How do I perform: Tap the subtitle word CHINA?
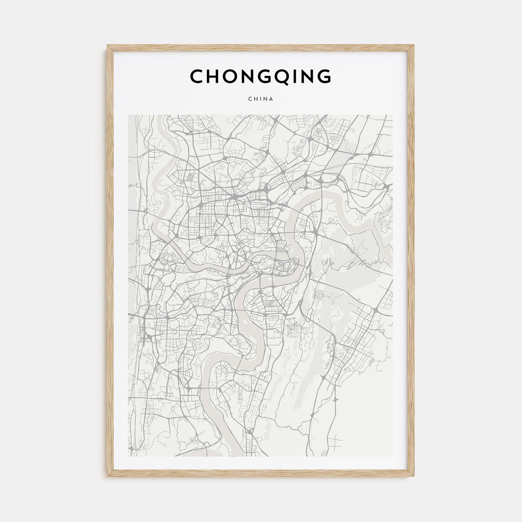(x=261, y=99)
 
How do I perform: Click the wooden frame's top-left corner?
(x=108, y=46)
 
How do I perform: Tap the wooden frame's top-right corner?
(x=414, y=46)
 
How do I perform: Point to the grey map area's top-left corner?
(x=129, y=115)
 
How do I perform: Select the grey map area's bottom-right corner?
(x=393, y=456)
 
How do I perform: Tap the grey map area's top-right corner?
(x=393, y=115)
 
